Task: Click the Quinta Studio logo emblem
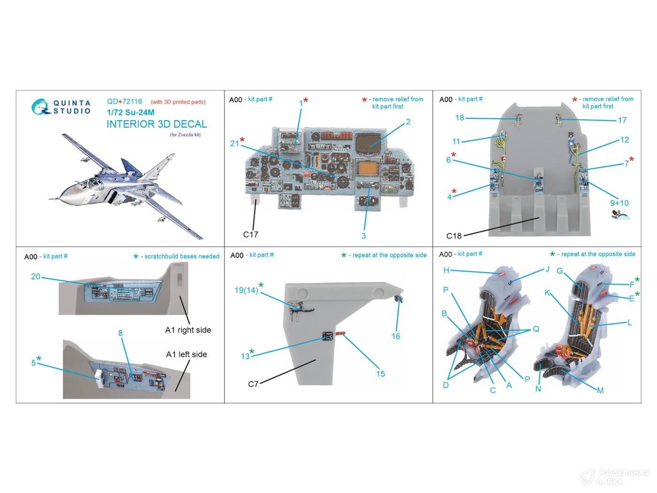tap(39, 107)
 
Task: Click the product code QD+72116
tap(124, 101)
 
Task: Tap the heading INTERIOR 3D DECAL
tap(156, 124)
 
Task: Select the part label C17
tap(250, 234)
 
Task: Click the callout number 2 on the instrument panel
tap(408, 122)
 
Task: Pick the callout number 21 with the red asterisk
tap(235, 144)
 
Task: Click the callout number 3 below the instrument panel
tap(363, 236)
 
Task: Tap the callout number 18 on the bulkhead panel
tap(459, 118)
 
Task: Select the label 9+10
tap(619, 203)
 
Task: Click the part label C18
tap(454, 236)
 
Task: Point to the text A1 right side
tap(188, 330)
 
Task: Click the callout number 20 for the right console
tap(36, 277)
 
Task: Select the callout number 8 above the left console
tap(120, 333)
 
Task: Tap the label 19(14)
tap(246, 290)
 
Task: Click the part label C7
tap(253, 384)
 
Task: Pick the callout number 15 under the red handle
tap(380, 374)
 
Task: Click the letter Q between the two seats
tap(535, 329)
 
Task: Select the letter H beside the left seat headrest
tap(446, 270)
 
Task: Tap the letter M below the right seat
tap(600, 390)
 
